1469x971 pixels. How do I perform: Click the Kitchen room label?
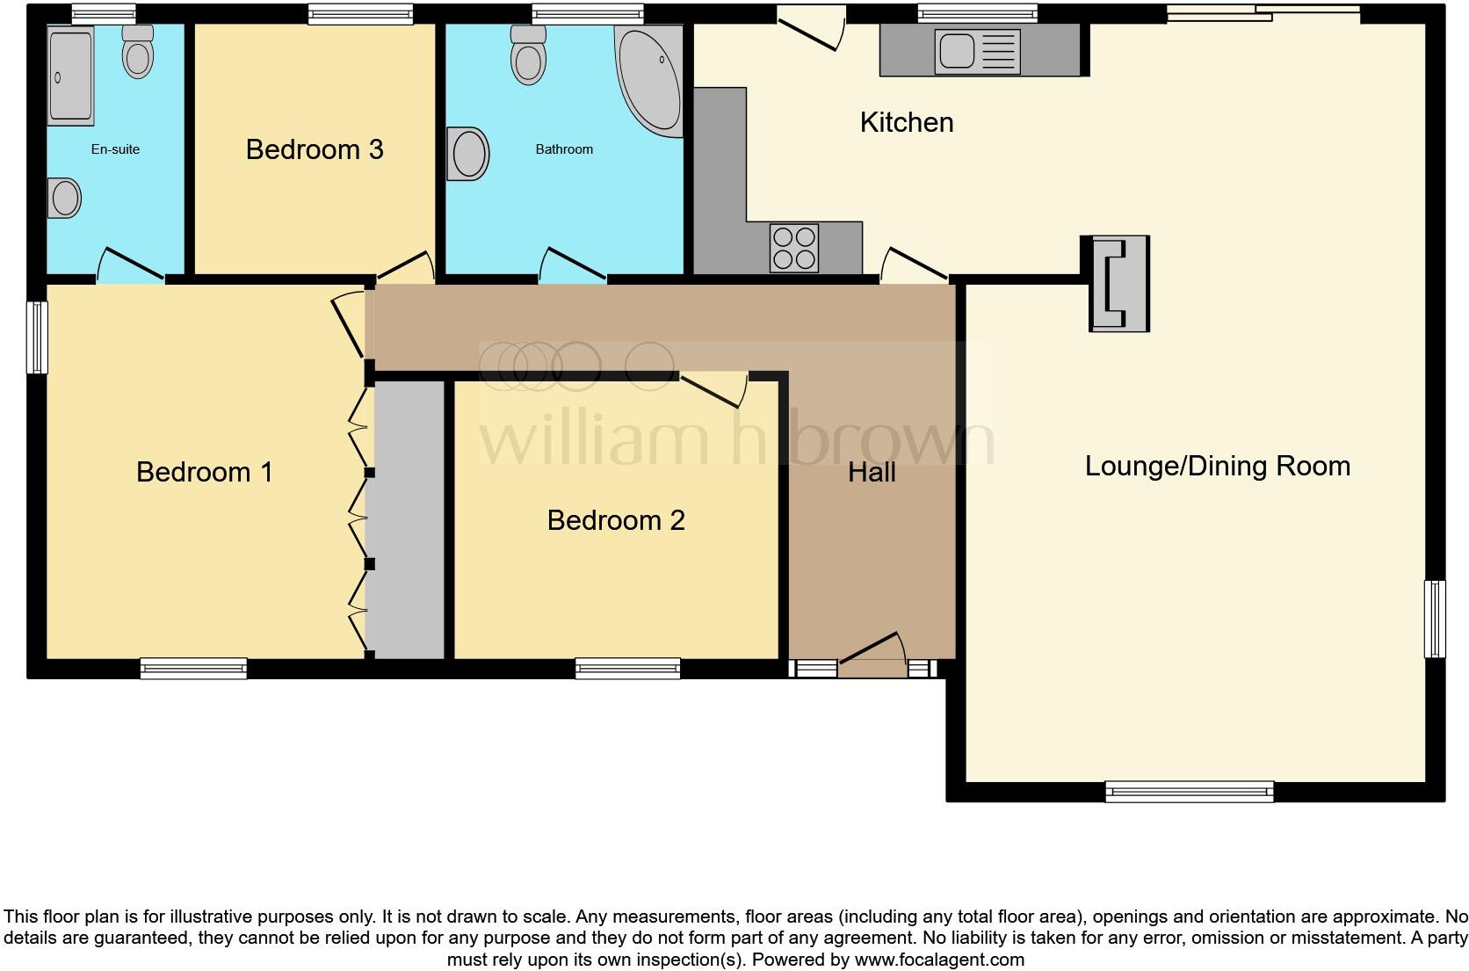906,122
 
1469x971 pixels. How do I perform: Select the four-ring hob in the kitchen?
794,248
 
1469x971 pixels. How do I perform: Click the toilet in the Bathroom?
528,55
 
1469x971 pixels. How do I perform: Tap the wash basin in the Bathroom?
468,155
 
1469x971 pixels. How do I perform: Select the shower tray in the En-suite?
70,76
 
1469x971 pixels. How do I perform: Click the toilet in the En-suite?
137,52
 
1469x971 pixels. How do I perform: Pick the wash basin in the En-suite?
64,198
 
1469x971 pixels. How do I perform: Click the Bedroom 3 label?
315,149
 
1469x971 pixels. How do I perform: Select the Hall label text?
872,473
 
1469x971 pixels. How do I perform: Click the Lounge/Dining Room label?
1217,466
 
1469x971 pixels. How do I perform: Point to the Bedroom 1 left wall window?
37,337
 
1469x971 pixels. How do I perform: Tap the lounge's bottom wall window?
1189,792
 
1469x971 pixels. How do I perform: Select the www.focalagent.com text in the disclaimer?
938,960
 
